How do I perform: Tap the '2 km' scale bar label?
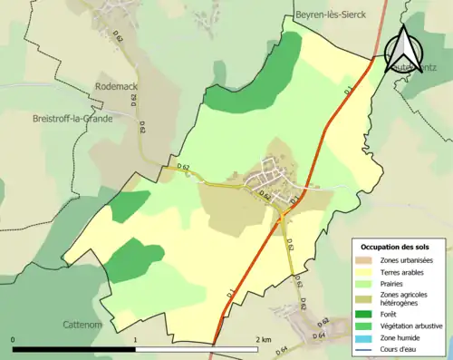click(x=262, y=339)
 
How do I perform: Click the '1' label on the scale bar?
click(x=136, y=339)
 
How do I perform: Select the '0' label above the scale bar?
click(x=13, y=339)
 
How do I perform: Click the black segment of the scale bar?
click(x=74, y=348)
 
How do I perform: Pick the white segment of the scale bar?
click(x=199, y=348)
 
